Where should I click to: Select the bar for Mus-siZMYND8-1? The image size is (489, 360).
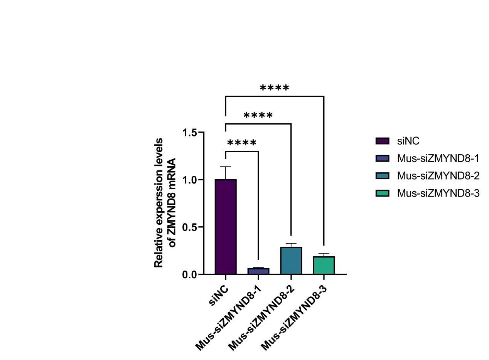258,271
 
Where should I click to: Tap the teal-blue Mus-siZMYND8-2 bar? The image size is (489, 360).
291,261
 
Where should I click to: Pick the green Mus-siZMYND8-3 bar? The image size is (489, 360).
324,265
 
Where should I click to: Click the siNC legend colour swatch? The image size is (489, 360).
382,141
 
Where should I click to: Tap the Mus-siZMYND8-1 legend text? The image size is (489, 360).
438,158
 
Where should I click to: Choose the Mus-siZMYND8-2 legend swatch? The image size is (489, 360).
382,176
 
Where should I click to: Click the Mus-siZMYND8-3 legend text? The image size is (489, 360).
438,193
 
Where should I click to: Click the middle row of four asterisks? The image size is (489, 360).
258,116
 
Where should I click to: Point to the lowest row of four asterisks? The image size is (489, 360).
242,144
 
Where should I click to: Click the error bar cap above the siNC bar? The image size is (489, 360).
226,167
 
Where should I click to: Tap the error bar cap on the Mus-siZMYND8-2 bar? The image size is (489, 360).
291,244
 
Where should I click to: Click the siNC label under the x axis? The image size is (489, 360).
219,296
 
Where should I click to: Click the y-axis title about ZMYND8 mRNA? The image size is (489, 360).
165,203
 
